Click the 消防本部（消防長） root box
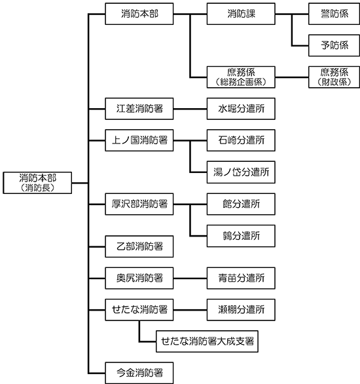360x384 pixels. pyautogui.click(x=37, y=183)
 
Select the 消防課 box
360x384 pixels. pyautogui.click(x=241, y=14)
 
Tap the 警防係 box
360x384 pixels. pyautogui.click(x=334, y=14)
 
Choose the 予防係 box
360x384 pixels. pyautogui.click(x=334, y=46)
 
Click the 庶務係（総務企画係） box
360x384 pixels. pyautogui.click(x=241, y=77)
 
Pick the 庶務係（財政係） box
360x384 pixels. pyautogui.click(x=334, y=77)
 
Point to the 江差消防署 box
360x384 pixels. pyautogui.click(x=139, y=109)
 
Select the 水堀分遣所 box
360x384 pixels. pyautogui.click(x=241, y=109)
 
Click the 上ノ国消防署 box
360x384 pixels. pyautogui.click(x=139, y=140)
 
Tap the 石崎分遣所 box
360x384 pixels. pyautogui.click(x=241, y=140)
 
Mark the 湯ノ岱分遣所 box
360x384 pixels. pyautogui.click(x=241, y=172)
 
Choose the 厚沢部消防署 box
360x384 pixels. pyautogui.click(x=139, y=204)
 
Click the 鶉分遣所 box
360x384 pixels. pyautogui.click(x=241, y=236)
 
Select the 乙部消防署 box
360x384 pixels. pyautogui.click(x=139, y=246)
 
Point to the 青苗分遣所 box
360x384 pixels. pyautogui.click(x=241, y=278)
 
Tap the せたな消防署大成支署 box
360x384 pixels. pyautogui.click(x=207, y=341)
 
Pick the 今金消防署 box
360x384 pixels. pyautogui.click(x=139, y=373)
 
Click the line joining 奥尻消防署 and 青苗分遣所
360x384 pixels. pyautogui.click(x=190, y=278)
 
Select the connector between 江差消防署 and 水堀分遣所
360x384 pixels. pyautogui.click(x=190, y=109)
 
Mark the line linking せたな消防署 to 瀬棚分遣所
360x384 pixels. pyautogui.click(x=190, y=310)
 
